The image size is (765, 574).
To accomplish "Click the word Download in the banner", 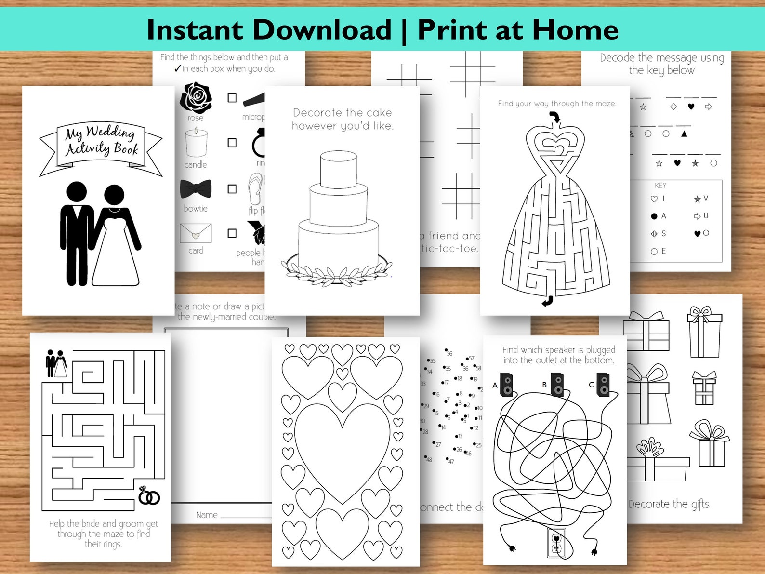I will tap(322, 30).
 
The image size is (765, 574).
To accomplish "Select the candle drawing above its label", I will tap(196, 143).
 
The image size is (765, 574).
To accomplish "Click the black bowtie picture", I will tap(196, 189).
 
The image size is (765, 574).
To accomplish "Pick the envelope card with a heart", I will tap(196, 234).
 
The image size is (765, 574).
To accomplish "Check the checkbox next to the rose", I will tap(232, 98).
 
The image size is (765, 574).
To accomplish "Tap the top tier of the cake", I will tap(339, 169).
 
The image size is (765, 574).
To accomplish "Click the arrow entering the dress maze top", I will tap(555, 117).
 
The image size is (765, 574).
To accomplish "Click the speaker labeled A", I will tap(507, 386).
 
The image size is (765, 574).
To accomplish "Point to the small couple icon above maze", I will tap(56, 364).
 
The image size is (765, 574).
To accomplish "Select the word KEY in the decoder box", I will tap(660, 186).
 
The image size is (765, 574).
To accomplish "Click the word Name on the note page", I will tap(207, 515).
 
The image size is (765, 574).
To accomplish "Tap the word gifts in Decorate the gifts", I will tap(700, 504).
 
